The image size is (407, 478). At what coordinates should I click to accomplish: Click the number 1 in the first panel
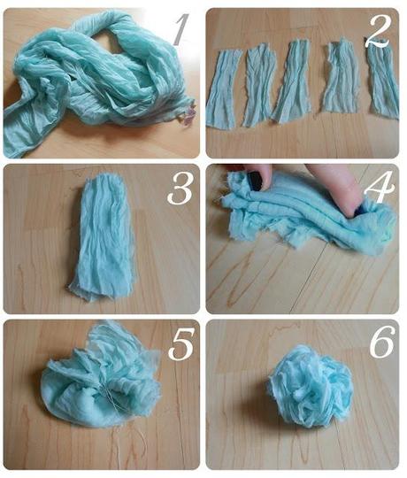point(180,29)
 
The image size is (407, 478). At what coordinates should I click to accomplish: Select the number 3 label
point(180,188)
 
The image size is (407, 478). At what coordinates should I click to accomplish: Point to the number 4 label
point(380,188)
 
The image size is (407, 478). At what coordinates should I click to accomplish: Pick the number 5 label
point(181,343)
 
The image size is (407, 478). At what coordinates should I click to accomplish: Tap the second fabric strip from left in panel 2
point(259,85)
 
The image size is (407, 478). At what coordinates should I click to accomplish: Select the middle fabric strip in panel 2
point(292,81)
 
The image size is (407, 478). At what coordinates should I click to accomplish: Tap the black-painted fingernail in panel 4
point(256,181)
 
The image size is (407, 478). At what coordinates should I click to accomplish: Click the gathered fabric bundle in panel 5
point(101,375)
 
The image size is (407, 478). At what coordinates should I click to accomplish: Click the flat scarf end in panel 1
point(27,128)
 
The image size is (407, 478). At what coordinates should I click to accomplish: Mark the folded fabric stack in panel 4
point(308,220)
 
